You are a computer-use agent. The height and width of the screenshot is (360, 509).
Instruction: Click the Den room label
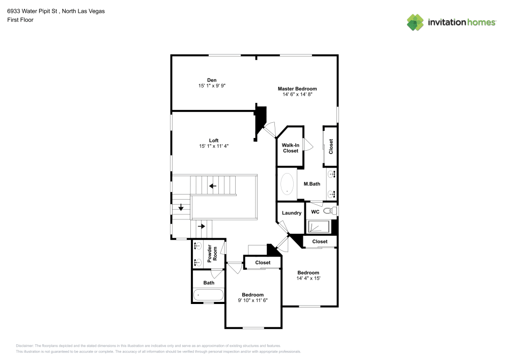212,80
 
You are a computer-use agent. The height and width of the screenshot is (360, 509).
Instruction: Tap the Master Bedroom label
297,89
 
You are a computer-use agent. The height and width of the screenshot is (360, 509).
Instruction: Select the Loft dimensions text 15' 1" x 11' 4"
214,146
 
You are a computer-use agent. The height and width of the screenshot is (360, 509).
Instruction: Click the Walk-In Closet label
291,148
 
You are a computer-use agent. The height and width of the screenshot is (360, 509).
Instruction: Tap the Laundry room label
292,213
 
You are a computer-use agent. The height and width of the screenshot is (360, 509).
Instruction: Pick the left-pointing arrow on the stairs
213,186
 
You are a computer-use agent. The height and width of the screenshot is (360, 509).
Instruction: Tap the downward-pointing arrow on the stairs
181,208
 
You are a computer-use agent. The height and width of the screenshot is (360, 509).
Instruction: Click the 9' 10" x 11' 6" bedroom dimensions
252,300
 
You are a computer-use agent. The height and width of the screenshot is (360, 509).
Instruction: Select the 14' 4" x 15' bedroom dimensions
308,279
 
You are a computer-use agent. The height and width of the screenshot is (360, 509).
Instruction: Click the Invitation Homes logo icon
415,22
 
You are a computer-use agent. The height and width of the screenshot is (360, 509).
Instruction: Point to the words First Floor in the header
20,20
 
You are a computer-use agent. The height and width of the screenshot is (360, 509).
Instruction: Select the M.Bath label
312,184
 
